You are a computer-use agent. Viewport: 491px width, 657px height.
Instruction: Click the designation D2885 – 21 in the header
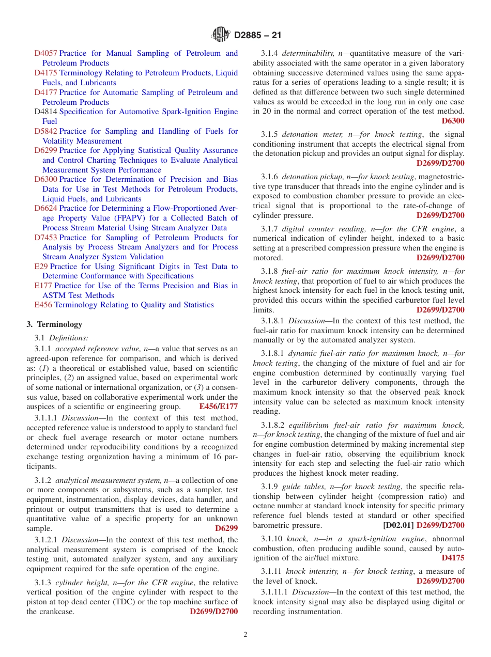pyautogui.click(x=257, y=36)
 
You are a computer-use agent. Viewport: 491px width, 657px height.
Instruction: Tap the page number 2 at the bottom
pyautogui.click(x=245, y=634)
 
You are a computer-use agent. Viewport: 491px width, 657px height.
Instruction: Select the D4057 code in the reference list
pyautogui.click(x=45, y=53)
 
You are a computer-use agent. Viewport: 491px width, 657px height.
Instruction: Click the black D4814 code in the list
pyautogui.click(x=45, y=112)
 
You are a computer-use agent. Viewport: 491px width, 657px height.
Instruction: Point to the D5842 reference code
pyautogui.click(x=45, y=131)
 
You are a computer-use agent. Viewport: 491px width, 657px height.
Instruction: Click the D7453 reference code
pyautogui.click(x=45, y=238)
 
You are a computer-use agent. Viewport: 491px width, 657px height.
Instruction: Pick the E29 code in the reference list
pyautogui.click(x=41, y=267)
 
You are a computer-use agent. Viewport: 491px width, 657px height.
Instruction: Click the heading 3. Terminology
pyautogui.click(x=54, y=324)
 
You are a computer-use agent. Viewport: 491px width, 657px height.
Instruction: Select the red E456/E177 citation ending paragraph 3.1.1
pyautogui.click(x=218, y=406)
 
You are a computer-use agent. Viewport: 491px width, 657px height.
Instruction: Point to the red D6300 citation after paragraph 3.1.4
pyautogui.click(x=453, y=121)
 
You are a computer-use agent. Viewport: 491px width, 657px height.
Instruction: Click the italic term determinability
pyautogui.click(x=309, y=53)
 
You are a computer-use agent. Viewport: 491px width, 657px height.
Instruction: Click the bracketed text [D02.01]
pyautogui.click(x=398, y=525)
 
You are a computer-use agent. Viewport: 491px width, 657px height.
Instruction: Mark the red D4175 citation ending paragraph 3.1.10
pyautogui.click(x=453, y=558)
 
